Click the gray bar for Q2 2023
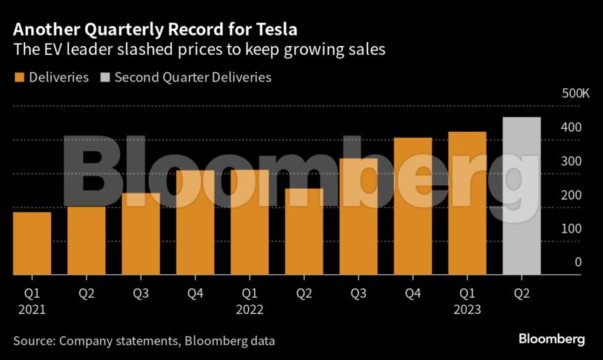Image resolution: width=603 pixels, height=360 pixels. pyautogui.click(x=521, y=196)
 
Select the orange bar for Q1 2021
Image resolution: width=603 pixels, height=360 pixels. pyautogui.click(x=32, y=244)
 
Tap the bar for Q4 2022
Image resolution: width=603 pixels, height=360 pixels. pyautogui.click(x=413, y=207)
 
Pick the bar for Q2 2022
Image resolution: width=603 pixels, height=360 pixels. pyautogui.click(x=304, y=232)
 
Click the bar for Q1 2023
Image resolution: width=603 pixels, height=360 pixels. pyautogui.click(x=467, y=204)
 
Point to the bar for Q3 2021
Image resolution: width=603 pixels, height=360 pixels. pyautogui.click(x=141, y=234)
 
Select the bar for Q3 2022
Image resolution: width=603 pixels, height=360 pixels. pyautogui.click(x=359, y=217)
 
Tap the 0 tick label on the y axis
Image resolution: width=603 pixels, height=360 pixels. pyautogui.click(x=578, y=262)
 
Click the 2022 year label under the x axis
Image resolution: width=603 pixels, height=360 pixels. pyautogui.click(x=250, y=310)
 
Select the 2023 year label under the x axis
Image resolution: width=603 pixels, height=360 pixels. pyautogui.click(x=467, y=310)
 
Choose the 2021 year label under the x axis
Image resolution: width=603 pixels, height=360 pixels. pyautogui.click(x=32, y=310)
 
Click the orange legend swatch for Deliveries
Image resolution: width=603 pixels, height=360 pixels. pyautogui.click(x=19, y=77)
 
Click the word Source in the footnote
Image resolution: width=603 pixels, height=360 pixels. pyautogui.click(x=33, y=341)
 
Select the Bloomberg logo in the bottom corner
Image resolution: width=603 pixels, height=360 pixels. pyautogui.click(x=551, y=339)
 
